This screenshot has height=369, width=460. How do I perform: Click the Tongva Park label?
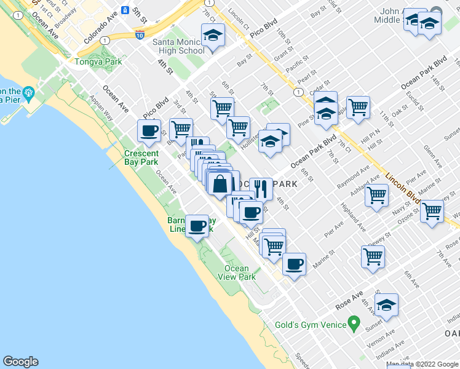pyautogui.click(x=91, y=61)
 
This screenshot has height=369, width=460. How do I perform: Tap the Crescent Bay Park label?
pyautogui.click(x=141, y=157)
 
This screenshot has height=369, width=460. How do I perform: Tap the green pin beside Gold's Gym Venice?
pyautogui.click(x=354, y=323)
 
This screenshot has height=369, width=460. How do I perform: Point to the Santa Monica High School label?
pyautogui.click(x=178, y=46)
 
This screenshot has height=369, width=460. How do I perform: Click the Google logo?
pyautogui.click(x=20, y=362)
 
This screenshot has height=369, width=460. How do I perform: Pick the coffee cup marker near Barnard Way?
pyautogui.click(x=197, y=226)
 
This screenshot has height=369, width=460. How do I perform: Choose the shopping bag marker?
pyautogui.click(x=220, y=183)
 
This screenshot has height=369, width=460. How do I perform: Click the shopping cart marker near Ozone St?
pyautogui.click(x=432, y=212)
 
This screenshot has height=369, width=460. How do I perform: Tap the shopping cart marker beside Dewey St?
pyautogui.click(x=373, y=257)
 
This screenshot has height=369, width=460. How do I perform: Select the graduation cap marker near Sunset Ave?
pyautogui.click(x=386, y=305)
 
